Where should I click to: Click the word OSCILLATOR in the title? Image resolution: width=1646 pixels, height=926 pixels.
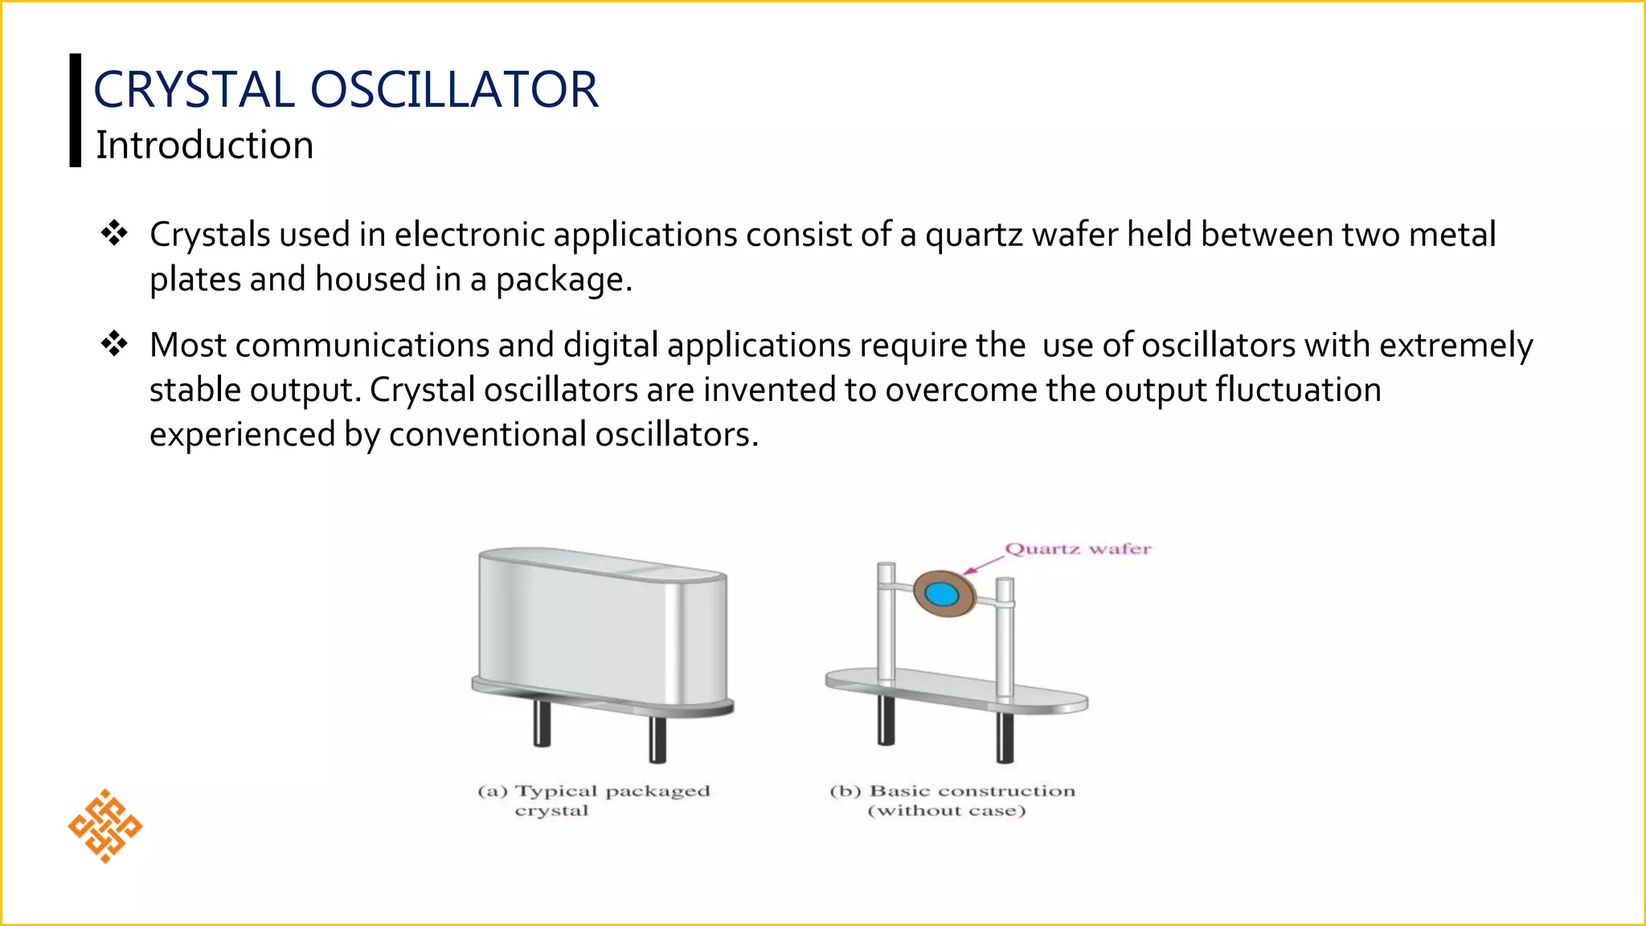(454, 89)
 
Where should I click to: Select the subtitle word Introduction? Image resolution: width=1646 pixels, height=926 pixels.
(204, 145)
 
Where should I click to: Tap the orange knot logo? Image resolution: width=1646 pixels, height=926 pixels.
(105, 826)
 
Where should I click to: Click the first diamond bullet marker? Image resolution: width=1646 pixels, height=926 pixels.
(114, 234)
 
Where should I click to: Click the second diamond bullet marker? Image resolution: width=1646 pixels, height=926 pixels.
(114, 344)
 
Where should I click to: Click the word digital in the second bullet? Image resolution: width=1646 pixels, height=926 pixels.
(611, 346)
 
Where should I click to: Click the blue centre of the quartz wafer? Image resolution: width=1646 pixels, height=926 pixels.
(941, 594)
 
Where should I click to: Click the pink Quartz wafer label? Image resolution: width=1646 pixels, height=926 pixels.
(1078, 549)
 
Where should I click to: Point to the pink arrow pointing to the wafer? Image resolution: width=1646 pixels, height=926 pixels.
(982, 564)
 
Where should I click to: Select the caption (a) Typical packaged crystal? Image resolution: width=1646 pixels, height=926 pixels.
(593, 801)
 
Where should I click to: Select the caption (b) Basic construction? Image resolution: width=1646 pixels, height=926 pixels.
(952, 801)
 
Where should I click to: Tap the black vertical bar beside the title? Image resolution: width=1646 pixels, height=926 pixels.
(76, 110)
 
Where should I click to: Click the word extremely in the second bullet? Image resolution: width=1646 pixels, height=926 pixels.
(1456, 346)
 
